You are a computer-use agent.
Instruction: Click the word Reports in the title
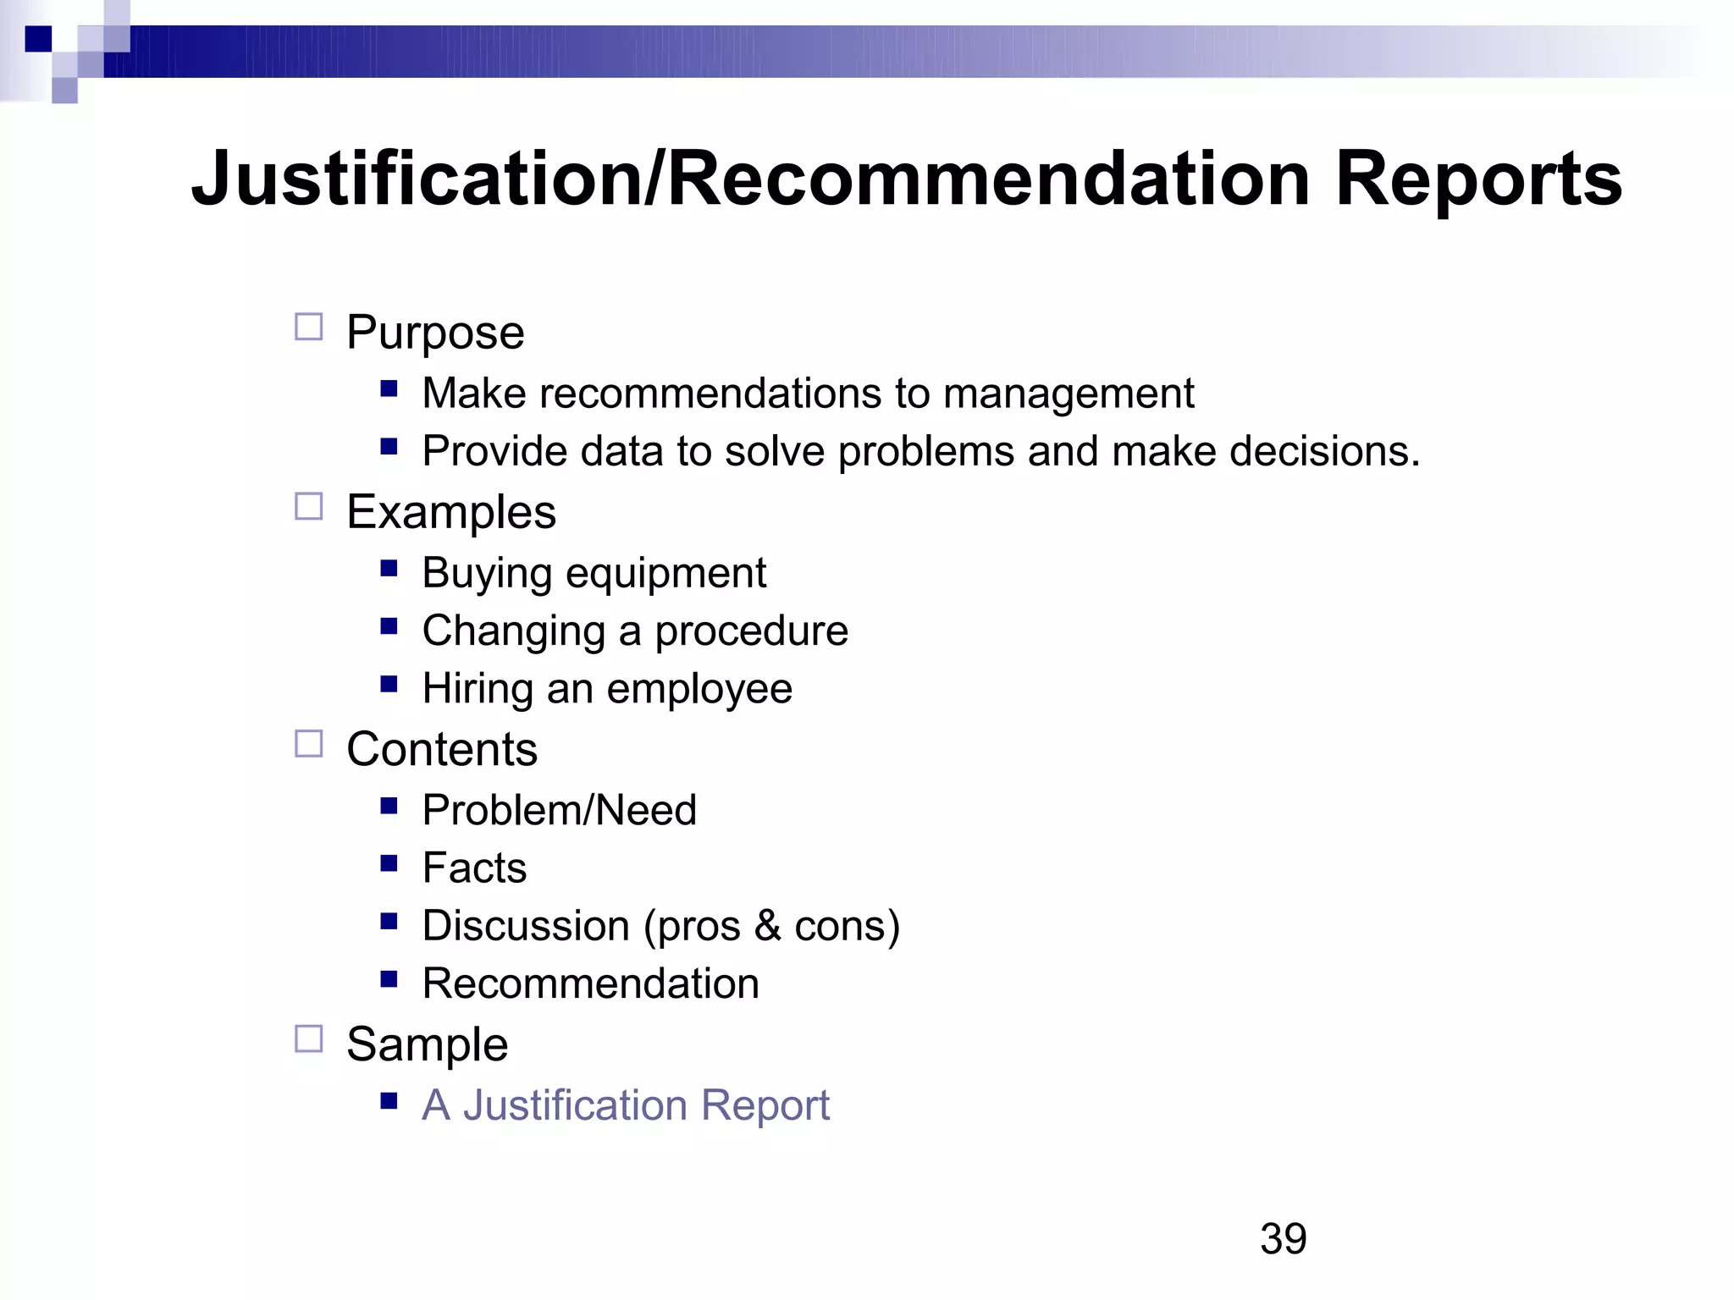(x=1478, y=179)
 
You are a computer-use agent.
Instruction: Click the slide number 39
(x=1283, y=1239)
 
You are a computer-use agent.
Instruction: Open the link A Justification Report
(x=626, y=1105)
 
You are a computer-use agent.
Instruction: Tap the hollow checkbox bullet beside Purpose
(x=308, y=327)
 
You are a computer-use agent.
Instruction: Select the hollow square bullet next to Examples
(x=308, y=507)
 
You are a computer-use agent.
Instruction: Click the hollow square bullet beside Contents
(x=308, y=744)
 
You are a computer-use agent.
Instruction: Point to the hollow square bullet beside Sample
(x=308, y=1038)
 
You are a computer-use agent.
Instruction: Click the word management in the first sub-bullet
(x=1069, y=394)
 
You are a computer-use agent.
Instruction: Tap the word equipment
(x=665, y=574)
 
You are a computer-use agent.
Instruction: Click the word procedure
(x=751, y=631)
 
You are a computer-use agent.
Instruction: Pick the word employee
(x=699, y=689)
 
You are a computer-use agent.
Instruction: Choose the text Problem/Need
(x=559, y=811)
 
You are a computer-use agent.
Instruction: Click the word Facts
(x=474, y=868)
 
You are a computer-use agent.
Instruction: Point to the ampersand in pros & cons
(x=767, y=925)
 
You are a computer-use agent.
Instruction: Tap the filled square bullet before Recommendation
(x=389, y=979)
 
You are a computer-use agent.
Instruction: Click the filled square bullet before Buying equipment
(x=389, y=569)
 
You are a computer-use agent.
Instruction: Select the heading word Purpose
(x=435, y=333)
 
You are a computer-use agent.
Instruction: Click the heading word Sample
(x=427, y=1044)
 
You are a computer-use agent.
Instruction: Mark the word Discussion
(x=526, y=926)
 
